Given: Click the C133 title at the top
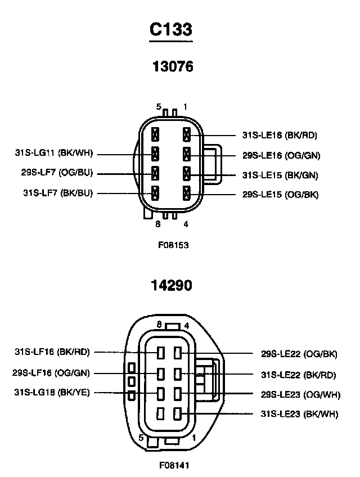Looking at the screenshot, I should pos(171,29).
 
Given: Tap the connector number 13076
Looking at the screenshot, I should pos(173,67).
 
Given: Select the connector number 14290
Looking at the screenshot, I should pos(172,285).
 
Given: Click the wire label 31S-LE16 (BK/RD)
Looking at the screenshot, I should pos(280,135).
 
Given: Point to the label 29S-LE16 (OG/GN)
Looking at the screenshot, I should pos(281,155).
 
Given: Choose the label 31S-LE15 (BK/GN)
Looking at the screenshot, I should pos(280,175).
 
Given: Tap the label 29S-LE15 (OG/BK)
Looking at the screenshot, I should pos(280,195).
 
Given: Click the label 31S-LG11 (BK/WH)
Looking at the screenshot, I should pos(54,152).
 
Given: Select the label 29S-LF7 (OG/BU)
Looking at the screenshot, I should pos(57,173).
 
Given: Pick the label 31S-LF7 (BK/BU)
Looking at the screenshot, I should pos(58,193).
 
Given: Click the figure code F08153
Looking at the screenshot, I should pos(173,245).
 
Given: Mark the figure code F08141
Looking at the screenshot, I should pos(173,466).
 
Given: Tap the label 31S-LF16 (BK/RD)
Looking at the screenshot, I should pos(52,352).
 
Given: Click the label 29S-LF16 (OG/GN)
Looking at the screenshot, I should pos(51,372).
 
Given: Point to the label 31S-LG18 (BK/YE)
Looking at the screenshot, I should pos(52,392).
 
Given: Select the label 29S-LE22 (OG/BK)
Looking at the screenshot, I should pos(299,354).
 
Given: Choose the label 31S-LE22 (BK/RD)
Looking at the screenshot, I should pos(299,374).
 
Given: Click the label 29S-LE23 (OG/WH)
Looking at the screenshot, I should pos(300,395).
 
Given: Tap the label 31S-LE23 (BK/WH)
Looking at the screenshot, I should pos(299,415).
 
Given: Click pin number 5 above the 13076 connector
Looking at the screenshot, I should pos(159,106).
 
